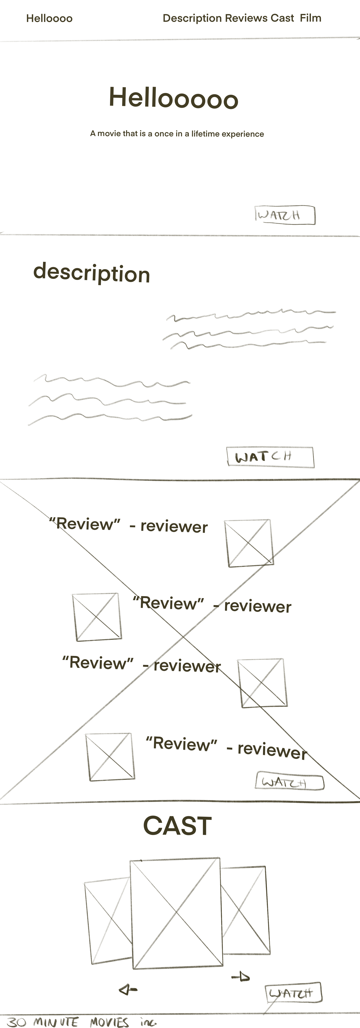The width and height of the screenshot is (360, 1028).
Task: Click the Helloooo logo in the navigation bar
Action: point(49,18)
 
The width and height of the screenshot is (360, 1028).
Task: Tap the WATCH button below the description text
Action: point(270,457)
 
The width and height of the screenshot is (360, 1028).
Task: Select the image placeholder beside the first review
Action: point(249,543)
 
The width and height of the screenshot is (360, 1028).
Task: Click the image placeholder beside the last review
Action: point(110,757)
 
